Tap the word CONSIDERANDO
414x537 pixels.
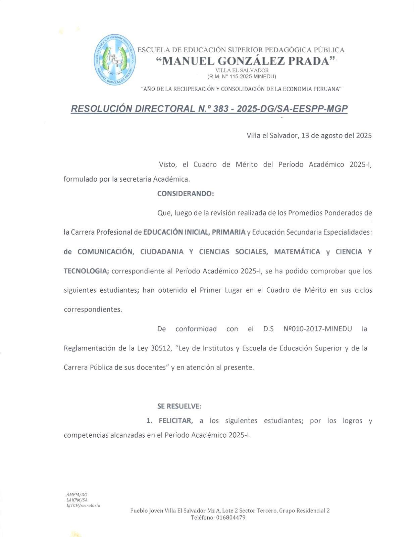pos(185,194)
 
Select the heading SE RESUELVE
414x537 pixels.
pos(179,406)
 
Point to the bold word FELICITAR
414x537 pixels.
pos(175,421)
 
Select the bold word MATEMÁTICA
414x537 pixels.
pos(297,252)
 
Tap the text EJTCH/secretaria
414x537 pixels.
pos(83,505)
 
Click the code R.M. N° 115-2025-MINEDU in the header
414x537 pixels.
pos(242,77)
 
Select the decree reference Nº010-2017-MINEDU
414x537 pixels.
pos(317,329)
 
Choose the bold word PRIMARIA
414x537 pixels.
pos(228,232)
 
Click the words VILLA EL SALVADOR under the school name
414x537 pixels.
pos(242,70)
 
